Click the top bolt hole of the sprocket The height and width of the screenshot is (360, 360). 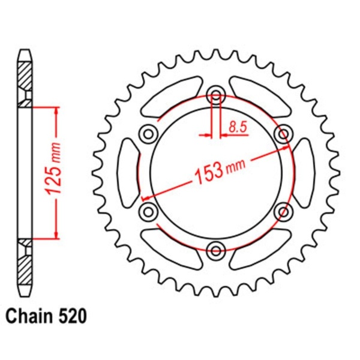click(x=216, y=95)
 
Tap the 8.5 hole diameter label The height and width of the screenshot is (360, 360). click(x=237, y=127)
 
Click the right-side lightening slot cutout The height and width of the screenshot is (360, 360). click(x=304, y=171)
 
